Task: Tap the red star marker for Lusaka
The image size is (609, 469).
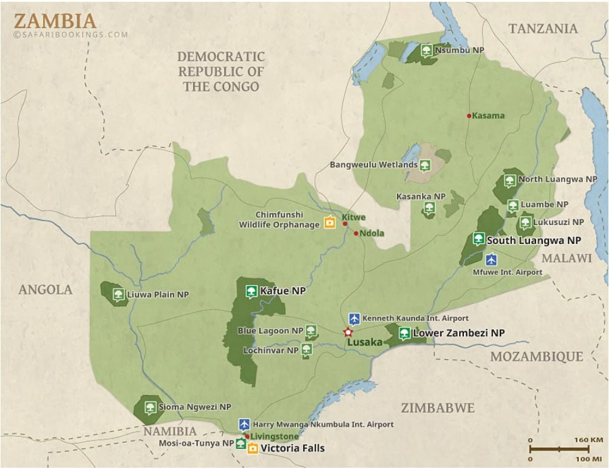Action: tap(348, 332)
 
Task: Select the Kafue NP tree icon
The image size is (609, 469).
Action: tap(251, 291)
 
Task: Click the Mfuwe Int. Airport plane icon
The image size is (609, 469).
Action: tap(491, 260)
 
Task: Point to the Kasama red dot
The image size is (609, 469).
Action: tap(469, 115)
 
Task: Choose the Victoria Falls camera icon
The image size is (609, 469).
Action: tap(252, 448)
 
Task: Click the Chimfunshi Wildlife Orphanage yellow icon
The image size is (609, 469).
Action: tap(330, 222)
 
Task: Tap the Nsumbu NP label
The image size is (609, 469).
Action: tap(460, 50)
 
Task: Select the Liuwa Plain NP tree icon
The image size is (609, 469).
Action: tap(118, 295)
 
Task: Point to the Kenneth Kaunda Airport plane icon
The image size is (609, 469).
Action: tap(354, 319)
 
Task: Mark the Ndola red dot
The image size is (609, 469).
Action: tap(356, 233)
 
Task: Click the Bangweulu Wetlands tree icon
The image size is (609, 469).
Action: tap(424, 164)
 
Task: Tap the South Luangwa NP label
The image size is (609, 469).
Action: tap(534, 240)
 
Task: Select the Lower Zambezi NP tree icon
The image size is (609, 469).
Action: tap(404, 332)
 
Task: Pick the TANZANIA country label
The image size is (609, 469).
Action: tap(543, 29)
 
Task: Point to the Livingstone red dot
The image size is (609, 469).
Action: tap(247, 436)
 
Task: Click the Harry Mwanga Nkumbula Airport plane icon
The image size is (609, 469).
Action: tap(244, 424)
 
